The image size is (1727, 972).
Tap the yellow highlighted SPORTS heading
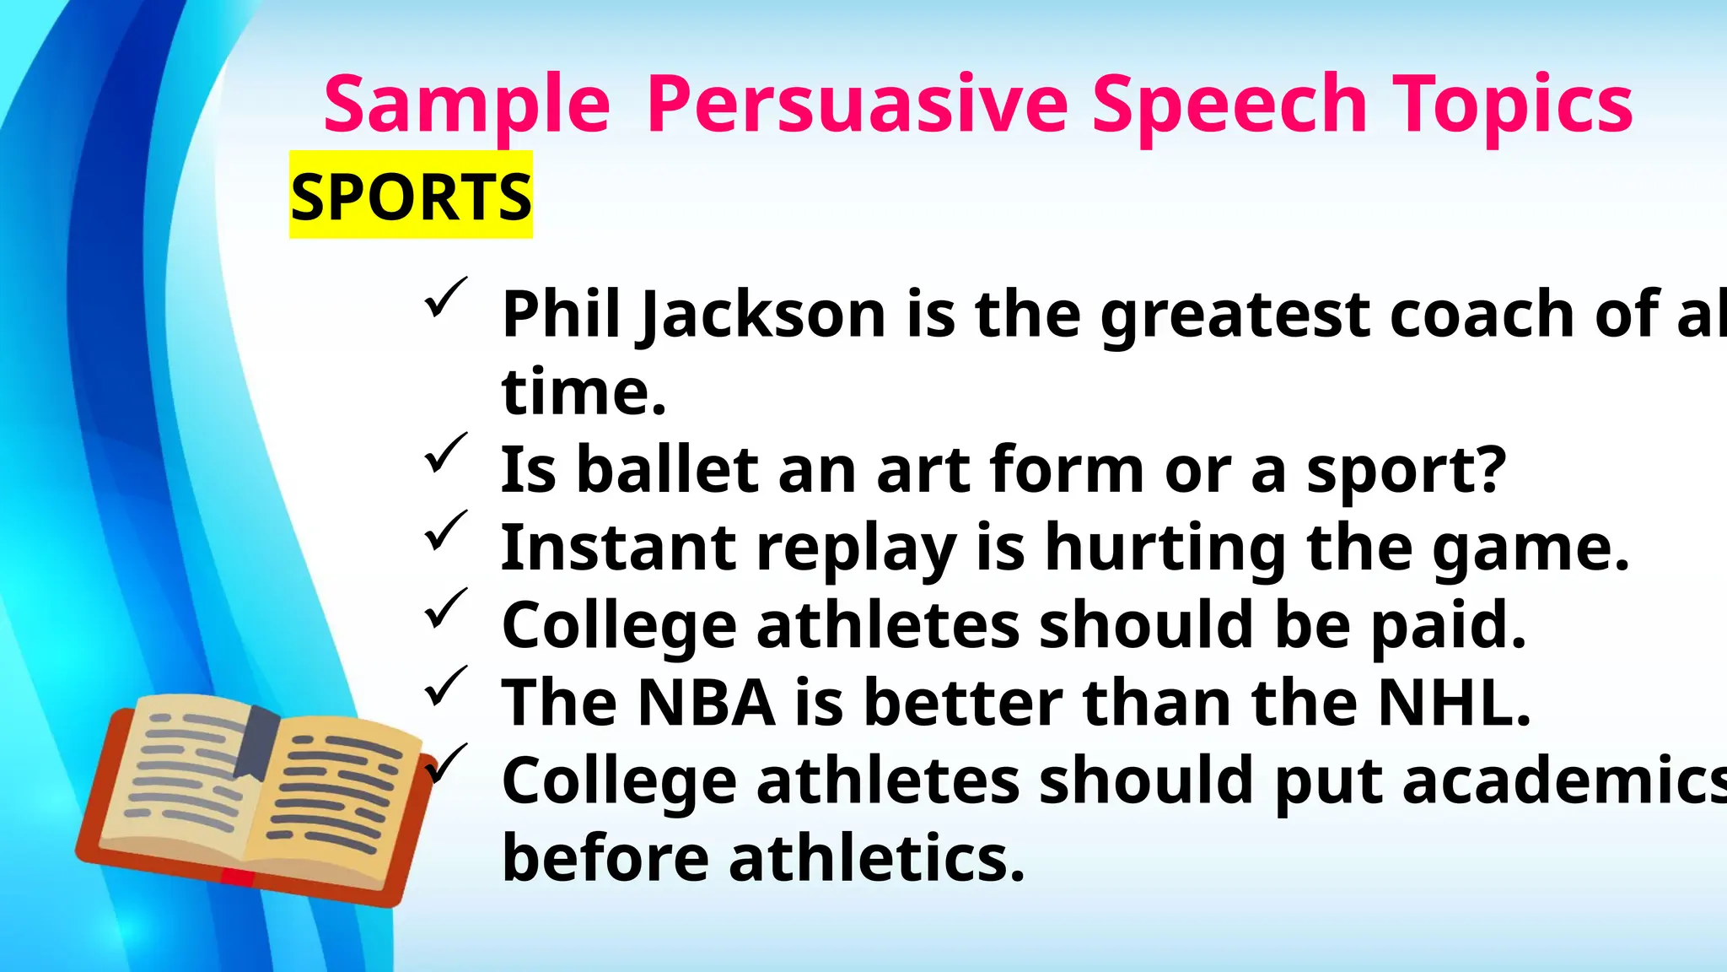[x=411, y=196]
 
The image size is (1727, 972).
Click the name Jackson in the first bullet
[x=763, y=315]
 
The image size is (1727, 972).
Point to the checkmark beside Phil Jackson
[x=444, y=297]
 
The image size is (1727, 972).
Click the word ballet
[x=667, y=470]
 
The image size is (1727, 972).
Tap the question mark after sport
[x=1490, y=468]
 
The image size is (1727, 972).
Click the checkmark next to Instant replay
[x=444, y=531]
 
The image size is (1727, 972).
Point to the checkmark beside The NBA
[x=444, y=686]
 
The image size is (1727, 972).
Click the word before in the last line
[x=605, y=858]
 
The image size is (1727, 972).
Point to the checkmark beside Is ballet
[x=444, y=453]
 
